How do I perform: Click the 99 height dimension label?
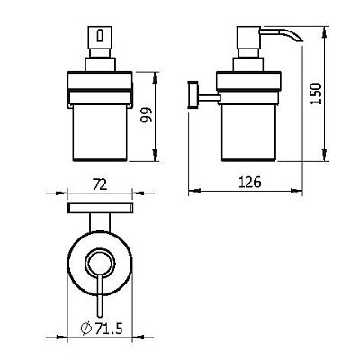147,115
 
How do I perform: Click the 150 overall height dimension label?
316,94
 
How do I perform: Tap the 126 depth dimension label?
250,182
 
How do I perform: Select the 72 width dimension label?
100,185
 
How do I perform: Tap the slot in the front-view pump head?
100,36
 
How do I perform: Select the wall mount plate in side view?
193,94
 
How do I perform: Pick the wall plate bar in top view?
100,208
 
